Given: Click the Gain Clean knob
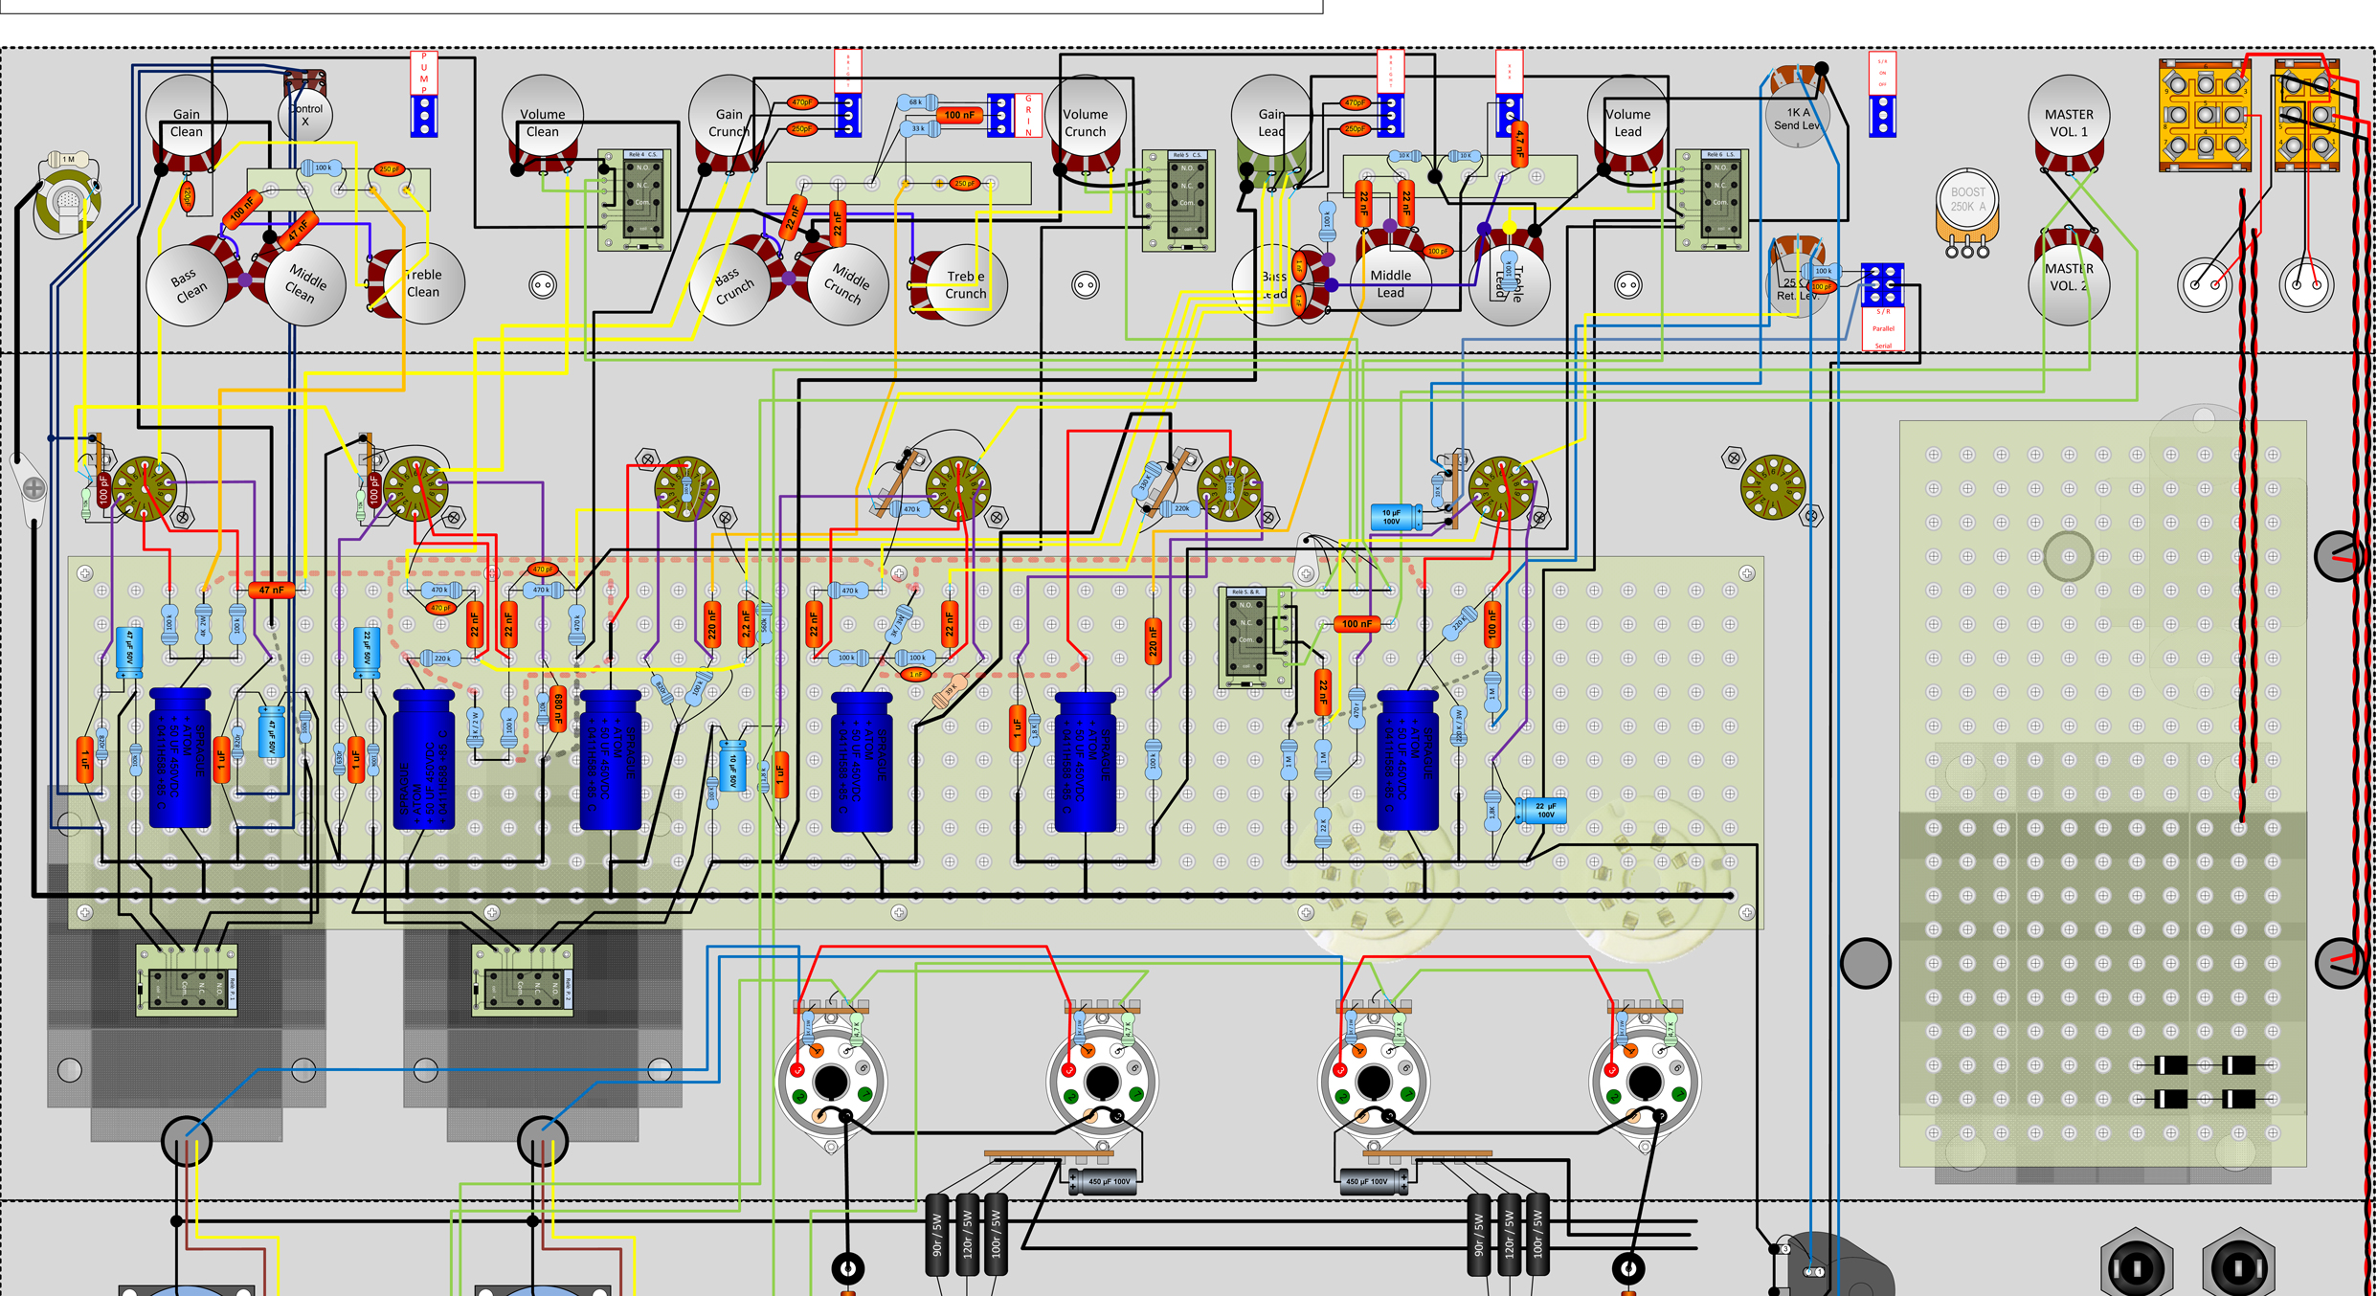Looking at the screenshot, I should click(x=187, y=117).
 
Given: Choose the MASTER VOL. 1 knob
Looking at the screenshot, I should click(x=2068, y=119).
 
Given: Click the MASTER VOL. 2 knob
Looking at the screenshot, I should click(x=2068, y=279).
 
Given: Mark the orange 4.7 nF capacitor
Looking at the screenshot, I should click(x=1519, y=144).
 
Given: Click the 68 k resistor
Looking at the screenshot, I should click(x=917, y=102).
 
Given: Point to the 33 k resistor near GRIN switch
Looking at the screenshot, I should click(x=919, y=128).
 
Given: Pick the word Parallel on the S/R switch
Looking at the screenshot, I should click(x=1883, y=328).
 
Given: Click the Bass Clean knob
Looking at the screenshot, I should click(x=188, y=285).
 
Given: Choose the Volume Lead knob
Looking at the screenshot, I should click(x=1627, y=119).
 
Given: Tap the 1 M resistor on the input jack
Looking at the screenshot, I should click(x=69, y=159).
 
